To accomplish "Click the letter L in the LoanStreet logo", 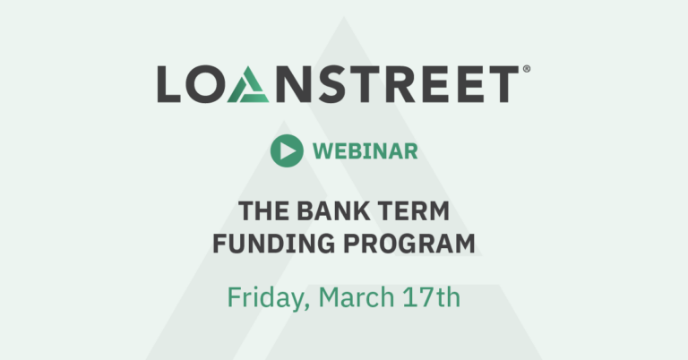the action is pos(168,84).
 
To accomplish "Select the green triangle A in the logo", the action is pos(248,84).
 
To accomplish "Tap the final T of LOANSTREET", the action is pos(503,84).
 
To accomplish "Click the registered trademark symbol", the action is pos(527,69).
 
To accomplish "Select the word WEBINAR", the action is pos(365,151).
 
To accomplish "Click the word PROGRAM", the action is pos(408,244).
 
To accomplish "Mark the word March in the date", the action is pos(357,296).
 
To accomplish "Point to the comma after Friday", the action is pos(306,306).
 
